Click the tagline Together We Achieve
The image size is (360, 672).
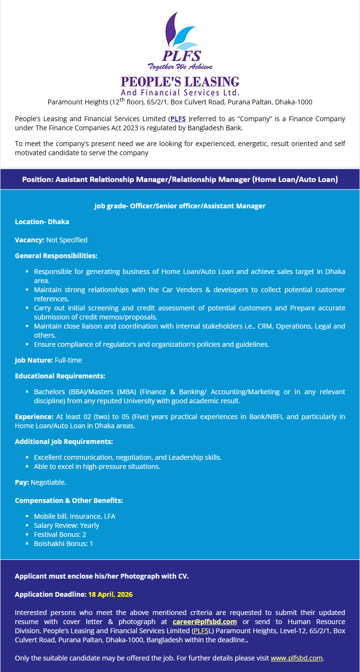coord(180,67)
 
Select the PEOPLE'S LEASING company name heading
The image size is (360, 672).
coord(180,81)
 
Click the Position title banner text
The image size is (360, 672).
coord(180,180)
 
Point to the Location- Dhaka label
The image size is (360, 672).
coord(42,222)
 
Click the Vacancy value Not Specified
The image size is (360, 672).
coord(67,240)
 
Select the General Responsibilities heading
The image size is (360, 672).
coord(56,256)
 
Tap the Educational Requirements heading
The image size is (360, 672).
coord(60,376)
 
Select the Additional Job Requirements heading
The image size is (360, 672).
coord(64,442)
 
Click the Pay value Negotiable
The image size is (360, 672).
coord(48,482)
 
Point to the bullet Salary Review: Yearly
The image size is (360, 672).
coord(67,525)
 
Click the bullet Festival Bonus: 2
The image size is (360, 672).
coord(60,535)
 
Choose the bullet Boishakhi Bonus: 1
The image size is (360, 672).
coord(63,544)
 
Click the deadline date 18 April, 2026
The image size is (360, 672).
coord(110,594)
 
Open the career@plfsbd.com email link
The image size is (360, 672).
coord(205,622)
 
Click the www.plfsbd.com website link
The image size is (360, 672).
coord(297,658)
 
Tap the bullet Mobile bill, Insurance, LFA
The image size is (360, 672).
coord(74,516)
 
